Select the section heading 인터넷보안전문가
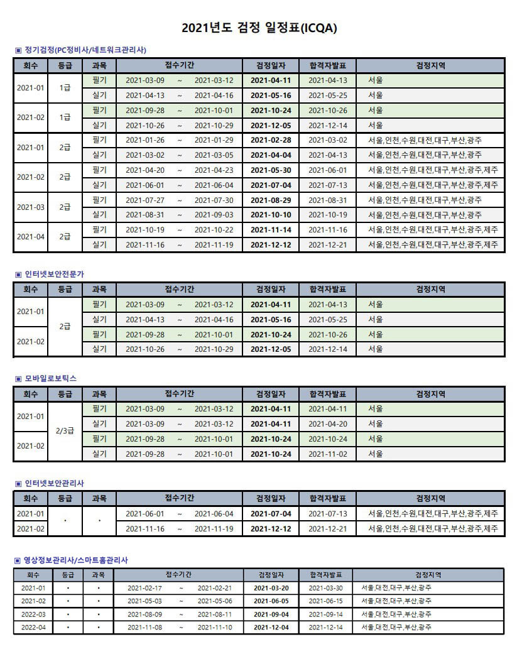(54, 274)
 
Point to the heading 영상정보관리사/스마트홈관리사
(76, 560)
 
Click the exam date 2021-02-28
(271, 139)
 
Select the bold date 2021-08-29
(271, 200)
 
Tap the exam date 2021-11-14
(271, 229)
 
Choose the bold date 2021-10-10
(271, 215)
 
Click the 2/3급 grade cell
(65, 432)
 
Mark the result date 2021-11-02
(327, 454)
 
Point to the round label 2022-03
(33, 614)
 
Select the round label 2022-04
(33, 628)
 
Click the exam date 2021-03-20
(271, 588)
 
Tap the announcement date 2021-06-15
(325, 601)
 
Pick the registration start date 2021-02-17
(144, 588)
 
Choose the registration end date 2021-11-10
(215, 628)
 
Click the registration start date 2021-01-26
(145, 139)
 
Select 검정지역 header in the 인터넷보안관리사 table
(430, 498)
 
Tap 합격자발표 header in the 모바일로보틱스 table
(327, 394)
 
